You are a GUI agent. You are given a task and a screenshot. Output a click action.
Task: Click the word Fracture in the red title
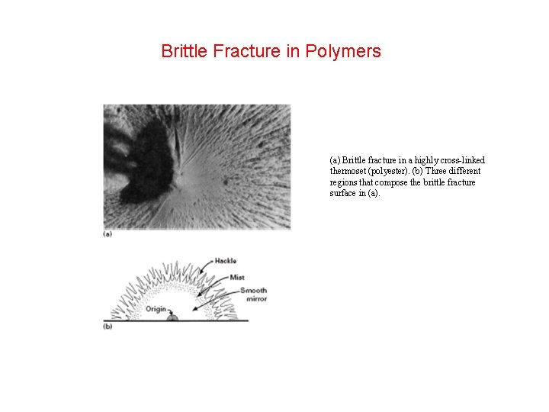(248, 52)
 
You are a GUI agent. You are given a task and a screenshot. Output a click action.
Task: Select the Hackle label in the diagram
(225, 261)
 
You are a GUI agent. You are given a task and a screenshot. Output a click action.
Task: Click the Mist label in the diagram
(236, 276)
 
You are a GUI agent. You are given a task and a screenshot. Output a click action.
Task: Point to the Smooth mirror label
(252, 295)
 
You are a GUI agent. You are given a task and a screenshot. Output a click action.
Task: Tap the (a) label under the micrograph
(108, 234)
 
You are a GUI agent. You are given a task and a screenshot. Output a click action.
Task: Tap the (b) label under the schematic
(108, 327)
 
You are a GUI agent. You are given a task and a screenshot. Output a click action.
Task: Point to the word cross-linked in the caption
(458, 160)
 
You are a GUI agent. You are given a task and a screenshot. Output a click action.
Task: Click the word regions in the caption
(345, 182)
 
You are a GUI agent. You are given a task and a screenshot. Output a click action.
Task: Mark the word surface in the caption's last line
(345, 193)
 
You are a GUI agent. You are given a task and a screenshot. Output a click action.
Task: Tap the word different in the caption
(464, 172)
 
